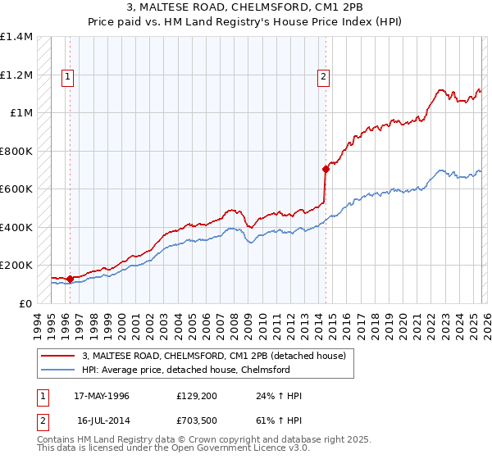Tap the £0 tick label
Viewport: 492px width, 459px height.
click(25, 303)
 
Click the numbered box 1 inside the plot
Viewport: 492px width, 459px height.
click(66, 77)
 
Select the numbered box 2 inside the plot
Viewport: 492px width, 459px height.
click(324, 77)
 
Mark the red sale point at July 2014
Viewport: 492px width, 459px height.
click(326, 170)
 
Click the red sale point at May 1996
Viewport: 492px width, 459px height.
click(70, 279)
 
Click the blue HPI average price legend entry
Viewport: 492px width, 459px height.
click(186, 370)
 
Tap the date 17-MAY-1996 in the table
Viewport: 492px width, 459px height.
click(102, 396)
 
